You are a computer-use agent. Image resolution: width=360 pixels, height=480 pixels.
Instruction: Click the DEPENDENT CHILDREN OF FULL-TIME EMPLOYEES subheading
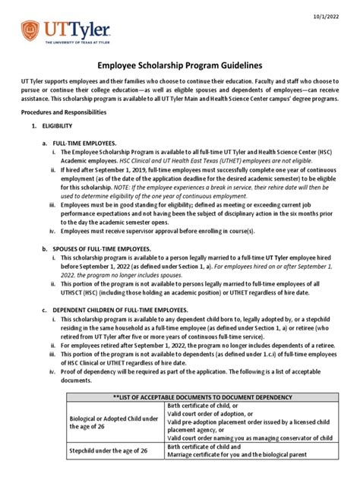pos(119,309)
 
